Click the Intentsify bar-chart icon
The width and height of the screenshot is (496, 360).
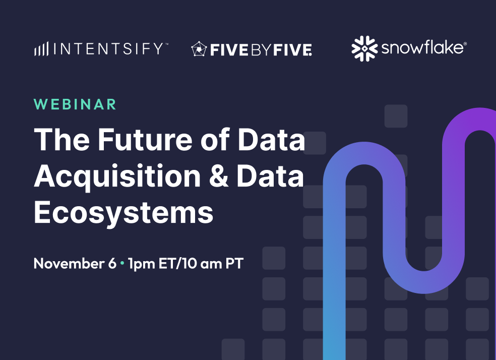point(41,49)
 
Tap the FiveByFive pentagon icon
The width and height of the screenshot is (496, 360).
point(199,49)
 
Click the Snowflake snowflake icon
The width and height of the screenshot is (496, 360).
point(364,48)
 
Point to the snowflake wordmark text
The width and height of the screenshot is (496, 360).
point(422,48)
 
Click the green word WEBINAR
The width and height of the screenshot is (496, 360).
point(75,104)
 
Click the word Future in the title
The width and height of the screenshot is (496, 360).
point(145,140)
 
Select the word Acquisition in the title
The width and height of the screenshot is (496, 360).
point(117,176)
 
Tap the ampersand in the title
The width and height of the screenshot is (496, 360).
point(218,176)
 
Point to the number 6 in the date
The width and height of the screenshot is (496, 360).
point(112,264)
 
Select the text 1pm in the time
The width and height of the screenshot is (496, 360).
point(142,264)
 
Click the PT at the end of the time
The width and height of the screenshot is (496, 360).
point(234,264)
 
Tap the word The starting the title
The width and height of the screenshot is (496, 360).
point(62,140)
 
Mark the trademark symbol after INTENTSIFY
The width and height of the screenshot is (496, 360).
point(166,44)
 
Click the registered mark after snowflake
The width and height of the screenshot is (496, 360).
point(465,44)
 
